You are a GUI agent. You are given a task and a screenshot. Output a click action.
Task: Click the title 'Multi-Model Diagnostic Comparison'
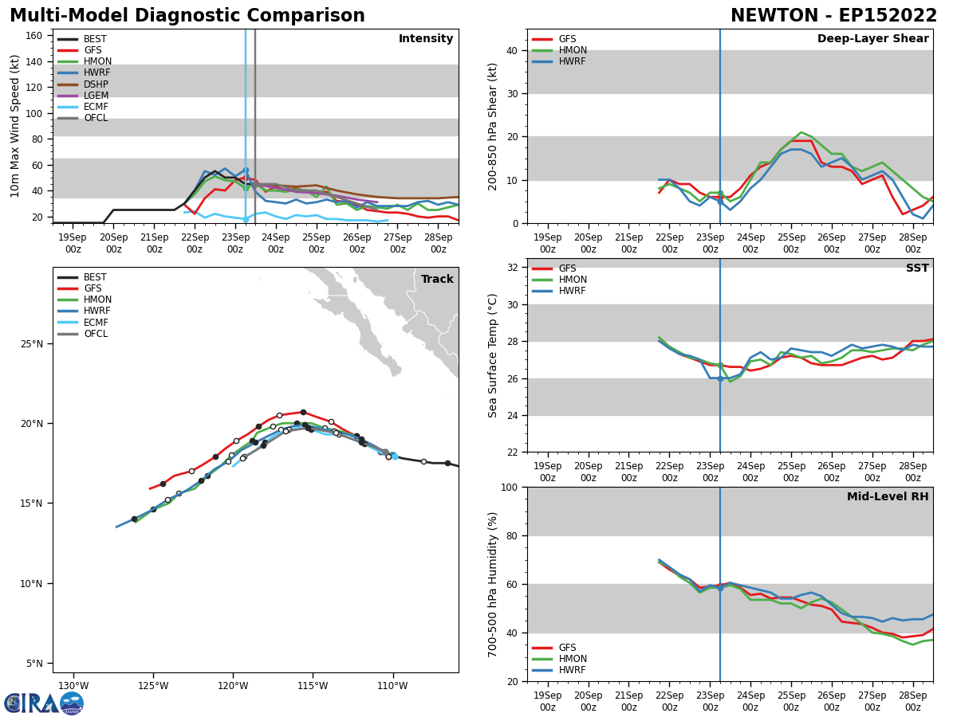(x=187, y=16)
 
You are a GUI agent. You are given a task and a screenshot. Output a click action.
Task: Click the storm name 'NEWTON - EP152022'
(x=833, y=16)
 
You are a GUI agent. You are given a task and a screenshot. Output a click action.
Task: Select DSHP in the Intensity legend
(x=96, y=84)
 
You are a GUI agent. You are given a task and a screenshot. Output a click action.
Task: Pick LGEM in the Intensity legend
(x=96, y=96)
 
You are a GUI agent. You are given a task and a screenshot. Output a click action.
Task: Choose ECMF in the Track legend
(x=96, y=323)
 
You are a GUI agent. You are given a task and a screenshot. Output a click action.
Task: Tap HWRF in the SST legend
(x=573, y=292)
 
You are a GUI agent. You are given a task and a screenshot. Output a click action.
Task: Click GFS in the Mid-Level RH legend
(x=567, y=648)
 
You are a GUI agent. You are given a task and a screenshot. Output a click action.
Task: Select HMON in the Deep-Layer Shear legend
(x=573, y=50)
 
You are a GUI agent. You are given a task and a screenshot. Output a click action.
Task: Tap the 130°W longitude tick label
(x=73, y=685)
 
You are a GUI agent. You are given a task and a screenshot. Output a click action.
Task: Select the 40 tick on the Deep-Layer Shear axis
(x=512, y=50)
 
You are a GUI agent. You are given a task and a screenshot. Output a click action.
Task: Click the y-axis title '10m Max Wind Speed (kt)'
(x=15, y=126)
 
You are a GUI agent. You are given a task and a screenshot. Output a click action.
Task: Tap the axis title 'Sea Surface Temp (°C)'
(x=493, y=355)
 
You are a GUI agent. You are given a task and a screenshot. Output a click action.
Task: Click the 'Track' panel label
(x=437, y=280)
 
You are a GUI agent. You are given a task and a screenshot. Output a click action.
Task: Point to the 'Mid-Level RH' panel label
(x=888, y=497)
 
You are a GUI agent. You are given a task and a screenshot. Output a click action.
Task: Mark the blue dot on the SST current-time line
(x=720, y=378)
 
